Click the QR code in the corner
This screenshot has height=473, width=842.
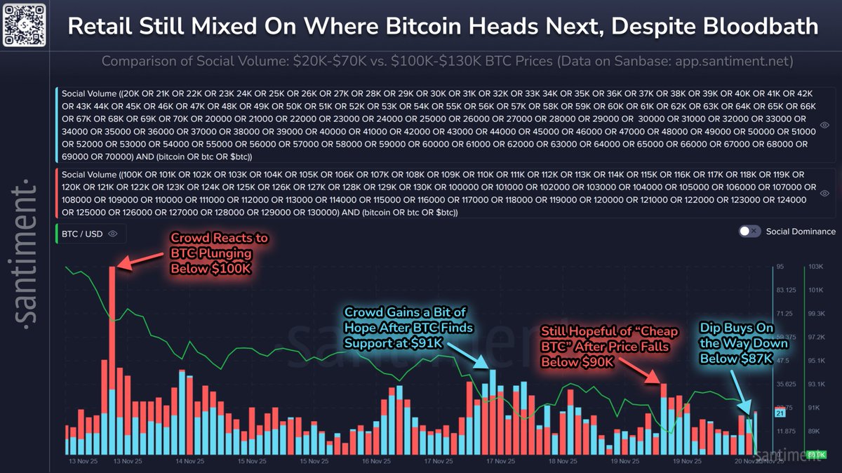tap(25, 25)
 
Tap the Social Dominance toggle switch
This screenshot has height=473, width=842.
tap(749, 231)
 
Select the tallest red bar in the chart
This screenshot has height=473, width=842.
tap(112, 351)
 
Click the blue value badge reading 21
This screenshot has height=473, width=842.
tap(780, 413)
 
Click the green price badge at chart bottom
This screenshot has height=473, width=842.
tap(815, 455)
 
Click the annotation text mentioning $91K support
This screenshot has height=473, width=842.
tap(408, 327)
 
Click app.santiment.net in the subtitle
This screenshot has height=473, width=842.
tap(734, 61)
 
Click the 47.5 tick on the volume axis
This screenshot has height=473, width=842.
tap(783, 360)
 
